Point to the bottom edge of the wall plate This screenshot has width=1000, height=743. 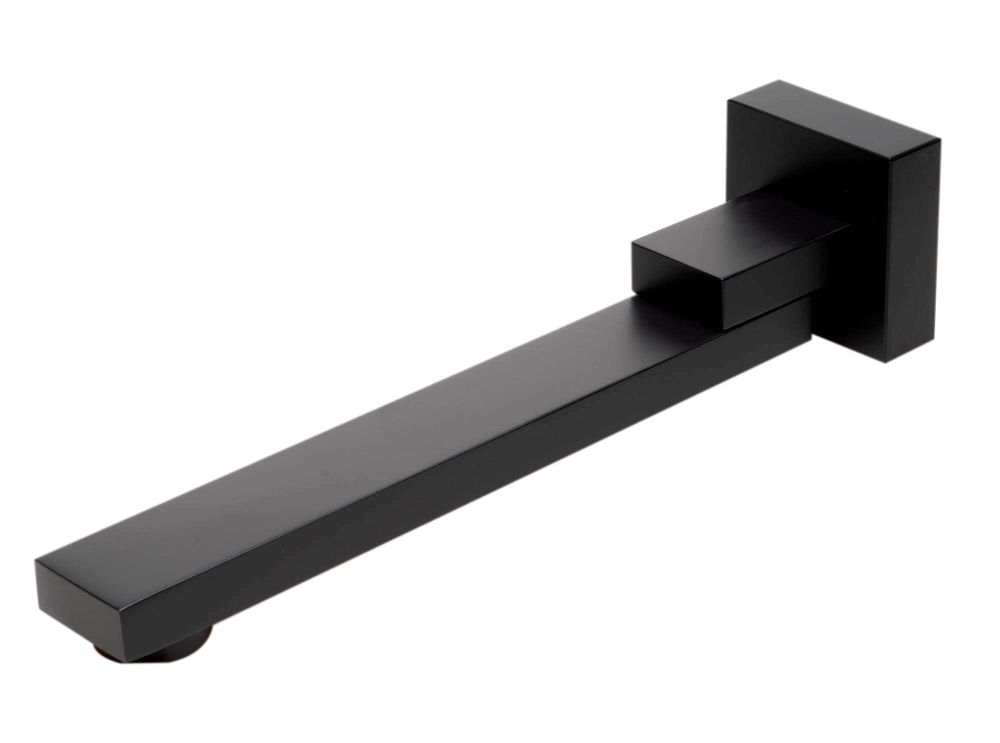coord(850,352)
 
